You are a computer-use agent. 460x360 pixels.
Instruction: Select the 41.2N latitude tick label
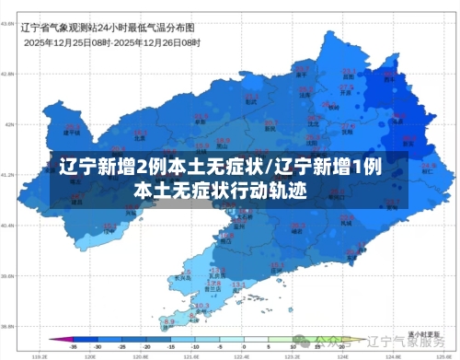(8, 174)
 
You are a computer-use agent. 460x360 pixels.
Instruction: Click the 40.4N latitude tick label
(8, 225)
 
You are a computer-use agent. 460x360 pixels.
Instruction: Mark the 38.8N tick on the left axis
(8, 326)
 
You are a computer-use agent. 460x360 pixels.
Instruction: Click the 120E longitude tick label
(90, 354)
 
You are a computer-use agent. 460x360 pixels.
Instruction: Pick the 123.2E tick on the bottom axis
(292, 354)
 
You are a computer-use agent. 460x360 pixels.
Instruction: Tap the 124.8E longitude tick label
(392, 354)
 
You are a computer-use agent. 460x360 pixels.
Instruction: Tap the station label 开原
(346, 93)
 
